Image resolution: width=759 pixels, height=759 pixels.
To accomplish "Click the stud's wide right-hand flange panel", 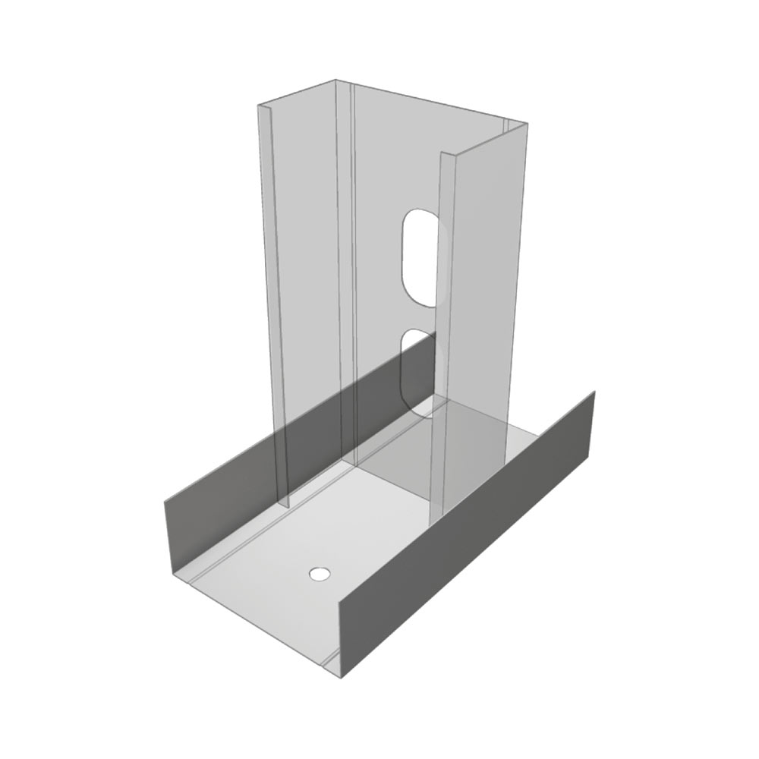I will (x=486, y=304).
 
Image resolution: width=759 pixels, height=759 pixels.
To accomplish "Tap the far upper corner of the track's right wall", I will (x=594, y=392).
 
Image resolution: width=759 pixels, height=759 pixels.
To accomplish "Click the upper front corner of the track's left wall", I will (x=164, y=501).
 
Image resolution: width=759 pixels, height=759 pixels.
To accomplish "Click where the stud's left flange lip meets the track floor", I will (x=283, y=506).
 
